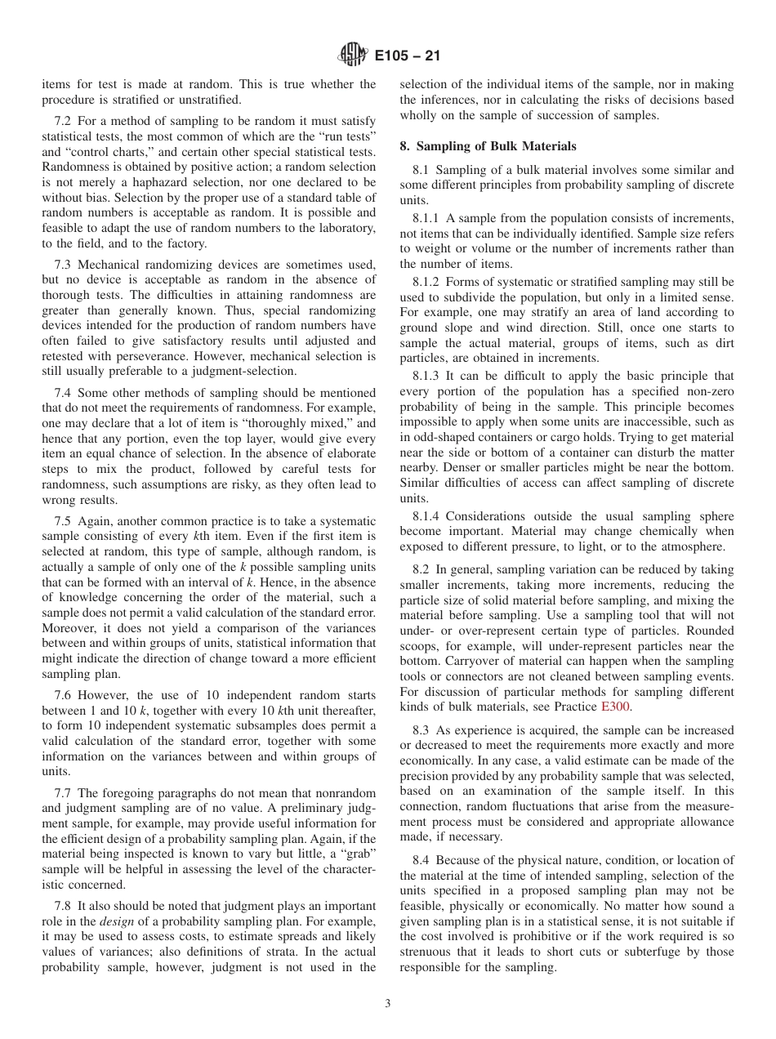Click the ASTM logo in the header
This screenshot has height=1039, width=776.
(x=352, y=56)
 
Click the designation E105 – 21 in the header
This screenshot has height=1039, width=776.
(x=407, y=56)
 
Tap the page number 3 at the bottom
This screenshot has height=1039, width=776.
(x=388, y=1003)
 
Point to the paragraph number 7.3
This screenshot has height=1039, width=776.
(x=63, y=264)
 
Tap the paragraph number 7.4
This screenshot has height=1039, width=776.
(x=63, y=393)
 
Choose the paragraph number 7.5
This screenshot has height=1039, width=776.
(x=63, y=521)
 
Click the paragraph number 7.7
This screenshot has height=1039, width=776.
(x=63, y=793)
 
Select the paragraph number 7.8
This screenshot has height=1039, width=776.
(x=63, y=906)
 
